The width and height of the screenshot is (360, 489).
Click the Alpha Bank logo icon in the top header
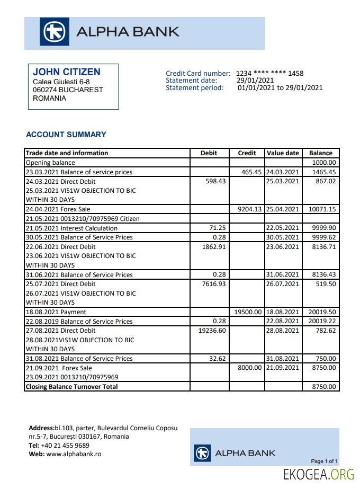pos(54,32)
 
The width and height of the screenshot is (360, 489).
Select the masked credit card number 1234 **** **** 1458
pos(269,73)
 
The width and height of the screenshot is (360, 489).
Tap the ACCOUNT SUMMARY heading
pos(66,135)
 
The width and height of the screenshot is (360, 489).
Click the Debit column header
pos(209,153)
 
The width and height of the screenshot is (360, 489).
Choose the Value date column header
pos(283,153)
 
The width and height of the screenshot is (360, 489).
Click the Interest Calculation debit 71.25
pos(209,228)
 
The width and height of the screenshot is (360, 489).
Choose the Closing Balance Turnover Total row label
pos(71,387)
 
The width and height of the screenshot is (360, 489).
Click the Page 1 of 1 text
pos(324,461)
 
